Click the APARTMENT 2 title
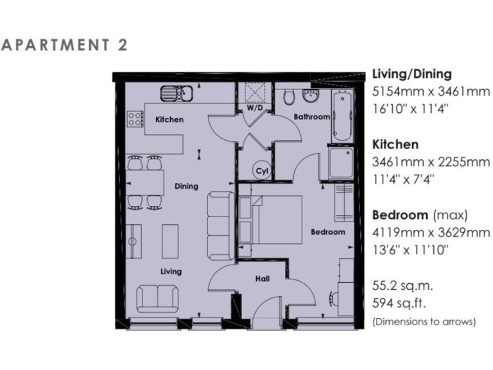coord(65,45)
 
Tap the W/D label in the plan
coord(255,109)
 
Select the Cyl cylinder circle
coord(261,171)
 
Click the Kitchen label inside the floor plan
coord(169,119)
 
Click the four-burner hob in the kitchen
coord(135,119)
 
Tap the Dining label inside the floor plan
coord(186,186)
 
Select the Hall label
coord(262,279)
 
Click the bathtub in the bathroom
coord(342,116)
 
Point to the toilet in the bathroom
coord(290,98)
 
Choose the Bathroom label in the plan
coord(311,117)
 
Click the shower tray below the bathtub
coord(340,163)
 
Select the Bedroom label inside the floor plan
coord(327,232)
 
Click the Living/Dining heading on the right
coord(411,74)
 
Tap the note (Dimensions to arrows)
coord(424,321)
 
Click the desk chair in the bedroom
coord(334,298)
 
